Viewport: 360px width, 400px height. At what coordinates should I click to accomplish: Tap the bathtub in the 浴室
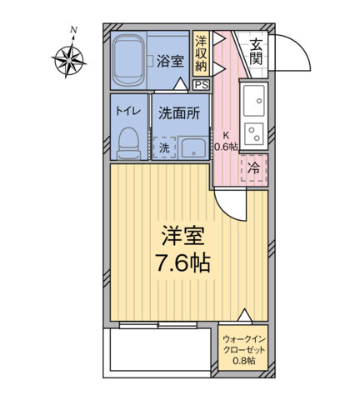click(x=128, y=61)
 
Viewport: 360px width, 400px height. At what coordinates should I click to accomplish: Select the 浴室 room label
click(x=170, y=62)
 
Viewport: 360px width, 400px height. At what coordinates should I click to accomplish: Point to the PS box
click(x=202, y=85)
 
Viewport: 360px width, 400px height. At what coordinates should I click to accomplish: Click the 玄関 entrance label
click(x=256, y=52)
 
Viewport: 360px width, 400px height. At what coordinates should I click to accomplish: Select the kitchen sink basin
click(x=253, y=101)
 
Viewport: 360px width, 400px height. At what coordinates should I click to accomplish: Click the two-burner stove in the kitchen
click(x=253, y=134)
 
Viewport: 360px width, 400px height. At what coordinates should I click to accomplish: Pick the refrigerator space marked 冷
click(x=254, y=168)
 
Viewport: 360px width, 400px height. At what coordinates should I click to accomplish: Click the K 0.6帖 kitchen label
click(x=227, y=141)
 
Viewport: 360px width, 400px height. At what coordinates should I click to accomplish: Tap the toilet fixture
click(x=129, y=143)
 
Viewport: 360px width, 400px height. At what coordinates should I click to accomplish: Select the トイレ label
click(x=128, y=112)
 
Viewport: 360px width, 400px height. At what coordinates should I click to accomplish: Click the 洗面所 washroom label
click(x=179, y=113)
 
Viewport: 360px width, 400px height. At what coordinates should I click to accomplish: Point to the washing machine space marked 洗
click(x=164, y=147)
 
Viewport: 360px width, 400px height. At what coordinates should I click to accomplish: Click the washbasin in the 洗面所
click(x=193, y=147)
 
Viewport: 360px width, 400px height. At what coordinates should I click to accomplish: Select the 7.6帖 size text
click(x=182, y=263)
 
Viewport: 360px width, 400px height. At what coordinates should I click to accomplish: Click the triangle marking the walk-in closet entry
click(x=245, y=315)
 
